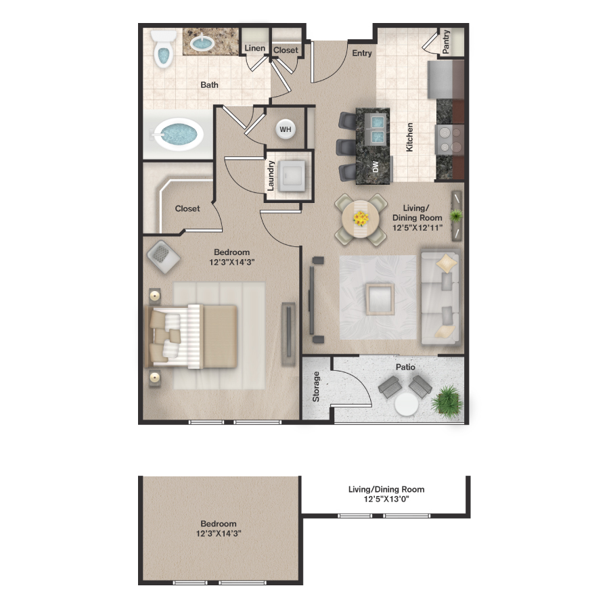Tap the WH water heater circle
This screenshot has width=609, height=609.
click(286, 129)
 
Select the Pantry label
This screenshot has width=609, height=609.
click(446, 41)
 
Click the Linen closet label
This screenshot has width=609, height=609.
click(255, 48)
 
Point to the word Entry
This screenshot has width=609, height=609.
click(362, 53)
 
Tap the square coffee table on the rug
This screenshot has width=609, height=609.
click(380, 298)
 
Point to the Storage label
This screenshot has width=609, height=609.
click(316, 386)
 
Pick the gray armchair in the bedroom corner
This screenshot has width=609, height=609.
click(162, 255)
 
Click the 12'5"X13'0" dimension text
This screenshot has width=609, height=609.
click(386, 499)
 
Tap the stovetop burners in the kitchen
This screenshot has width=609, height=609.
click(447, 140)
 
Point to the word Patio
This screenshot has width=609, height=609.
click(407, 367)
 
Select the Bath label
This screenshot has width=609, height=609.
click(209, 85)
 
